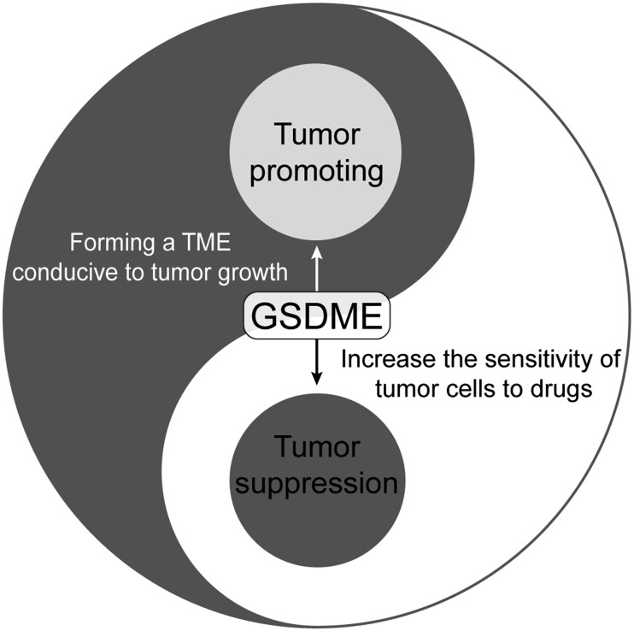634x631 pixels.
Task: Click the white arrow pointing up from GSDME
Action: (317, 270)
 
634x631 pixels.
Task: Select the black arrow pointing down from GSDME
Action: (317, 363)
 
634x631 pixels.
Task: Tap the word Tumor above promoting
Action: (317, 134)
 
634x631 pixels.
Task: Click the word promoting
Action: (317, 173)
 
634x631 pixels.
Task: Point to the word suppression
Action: (317, 485)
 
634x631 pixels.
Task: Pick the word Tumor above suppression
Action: (317, 446)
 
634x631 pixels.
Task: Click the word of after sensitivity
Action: (609, 357)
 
